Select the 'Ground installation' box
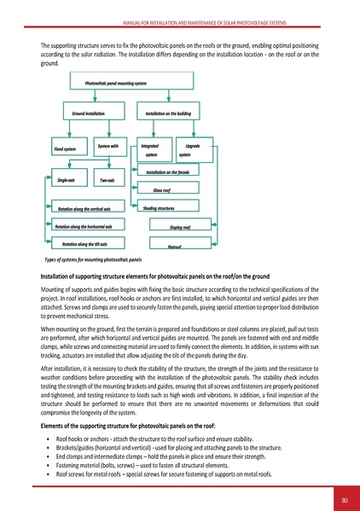click(82, 113)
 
